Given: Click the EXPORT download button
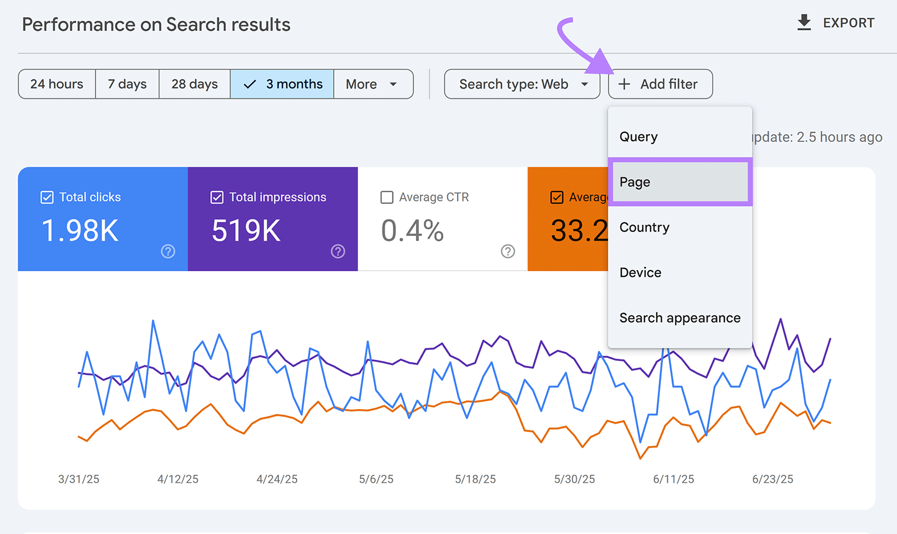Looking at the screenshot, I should [x=835, y=23].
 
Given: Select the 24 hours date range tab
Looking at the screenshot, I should [x=57, y=84].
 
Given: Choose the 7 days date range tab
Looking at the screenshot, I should [x=127, y=84].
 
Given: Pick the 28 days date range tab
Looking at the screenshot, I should [x=195, y=84].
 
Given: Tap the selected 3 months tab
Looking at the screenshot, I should [x=283, y=84].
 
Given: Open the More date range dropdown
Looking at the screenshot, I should [x=373, y=84].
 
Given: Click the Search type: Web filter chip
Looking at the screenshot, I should [x=522, y=84].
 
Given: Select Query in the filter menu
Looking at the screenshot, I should [x=639, y=137].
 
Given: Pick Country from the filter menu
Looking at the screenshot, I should [x=644, y=227].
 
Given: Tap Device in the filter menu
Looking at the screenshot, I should [x=640, y=273].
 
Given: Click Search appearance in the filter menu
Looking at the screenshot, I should [x=679, y=318].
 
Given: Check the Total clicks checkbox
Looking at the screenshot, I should [x=48, y=197].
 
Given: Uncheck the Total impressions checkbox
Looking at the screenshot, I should [x=217, y=197].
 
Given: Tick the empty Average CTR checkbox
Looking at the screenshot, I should [x=387, y=197].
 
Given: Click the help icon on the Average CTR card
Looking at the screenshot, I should [x=508, y=252].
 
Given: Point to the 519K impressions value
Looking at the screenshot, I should [x=246, y=230].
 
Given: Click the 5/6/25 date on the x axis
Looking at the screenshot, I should [x=376, y=479].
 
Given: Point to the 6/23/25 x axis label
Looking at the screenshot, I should [x=773, y=479].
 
